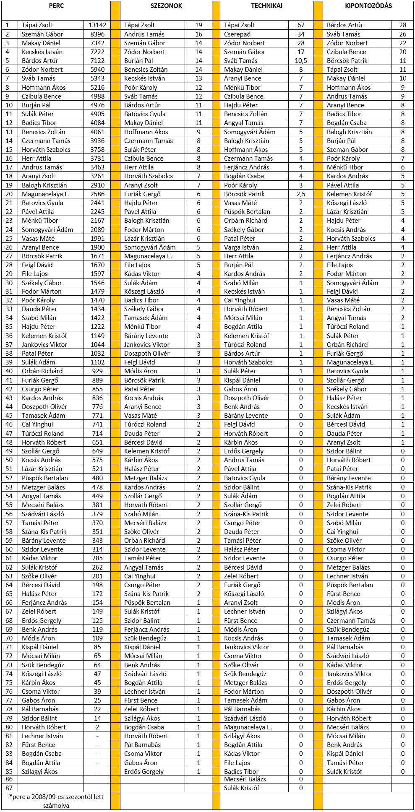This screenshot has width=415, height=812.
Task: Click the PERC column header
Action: point(56,6)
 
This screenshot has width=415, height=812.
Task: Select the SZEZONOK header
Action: point(166,6)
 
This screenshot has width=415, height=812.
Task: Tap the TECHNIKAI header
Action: point(266,6)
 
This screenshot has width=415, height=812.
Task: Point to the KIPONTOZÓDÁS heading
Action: point(368,6)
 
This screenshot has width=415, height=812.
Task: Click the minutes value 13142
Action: point(97,25)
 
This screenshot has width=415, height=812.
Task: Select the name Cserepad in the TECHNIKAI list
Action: point(237,34)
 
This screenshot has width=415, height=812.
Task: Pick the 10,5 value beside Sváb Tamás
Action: point(301,61)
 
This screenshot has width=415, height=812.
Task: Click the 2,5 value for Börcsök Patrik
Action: point(301,194)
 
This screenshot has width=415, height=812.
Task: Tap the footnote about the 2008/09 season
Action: point(56,801)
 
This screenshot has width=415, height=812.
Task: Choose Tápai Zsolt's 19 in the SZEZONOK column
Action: point(198,25)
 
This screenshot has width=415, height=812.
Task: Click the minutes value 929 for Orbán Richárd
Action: point(97,371)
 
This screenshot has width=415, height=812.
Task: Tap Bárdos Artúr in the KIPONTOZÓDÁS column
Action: point(345,25)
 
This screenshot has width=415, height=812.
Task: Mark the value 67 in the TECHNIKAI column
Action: point(301,25)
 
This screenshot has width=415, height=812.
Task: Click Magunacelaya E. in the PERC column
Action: point(46,194)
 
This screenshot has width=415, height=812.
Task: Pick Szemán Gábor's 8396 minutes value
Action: point(97,34)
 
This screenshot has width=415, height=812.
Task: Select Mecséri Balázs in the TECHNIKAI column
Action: point(245,779)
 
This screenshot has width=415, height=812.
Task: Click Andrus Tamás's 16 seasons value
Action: point(198,34)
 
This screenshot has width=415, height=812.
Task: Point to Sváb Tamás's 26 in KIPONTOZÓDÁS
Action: point(403,34)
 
